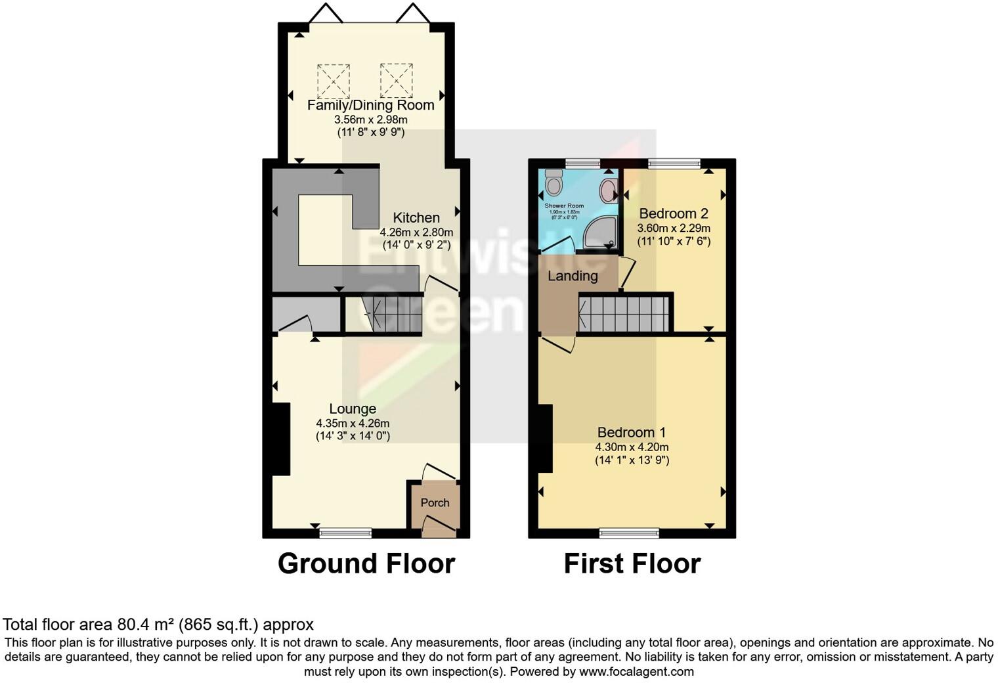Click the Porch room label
435,503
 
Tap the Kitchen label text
416,218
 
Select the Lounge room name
353,409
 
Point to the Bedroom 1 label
632,432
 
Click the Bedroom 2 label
674,213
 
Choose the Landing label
573,276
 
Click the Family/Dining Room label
371,105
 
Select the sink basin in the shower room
608,190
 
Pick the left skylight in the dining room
334,81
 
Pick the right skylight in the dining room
396,81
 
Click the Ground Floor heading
366,563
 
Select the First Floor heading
632,563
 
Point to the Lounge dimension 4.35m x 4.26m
353,424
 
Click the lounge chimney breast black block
281,439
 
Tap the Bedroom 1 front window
629,533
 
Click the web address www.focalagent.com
637,672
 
